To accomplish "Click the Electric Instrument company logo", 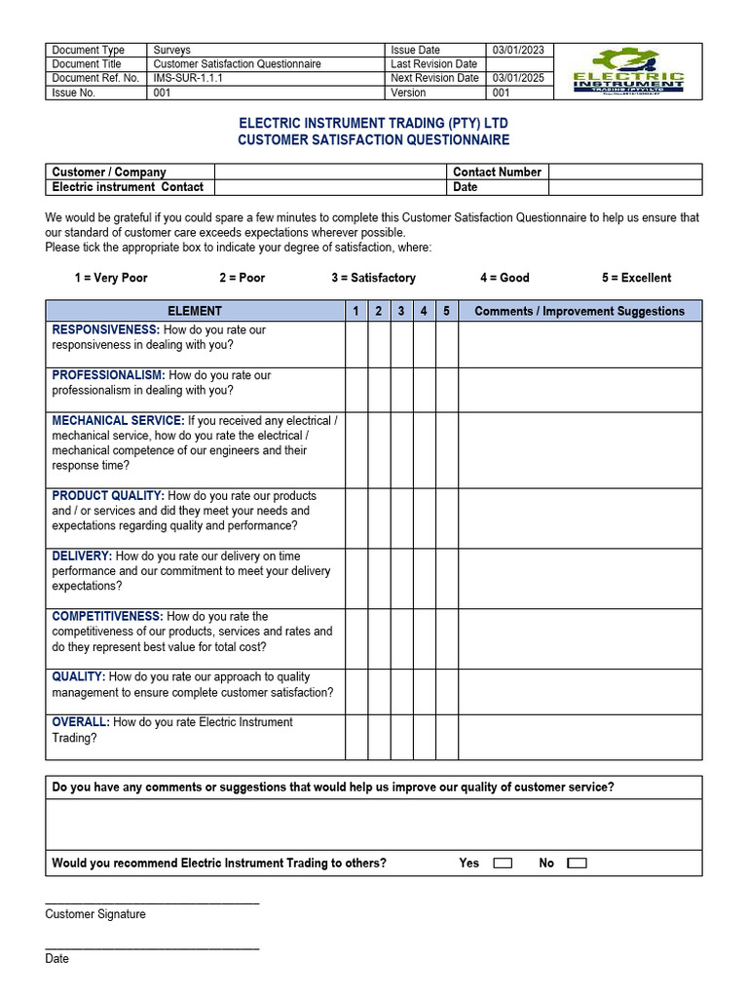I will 628,71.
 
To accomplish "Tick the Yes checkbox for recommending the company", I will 503,864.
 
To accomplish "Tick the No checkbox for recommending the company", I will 577,864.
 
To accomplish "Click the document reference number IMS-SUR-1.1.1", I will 188,78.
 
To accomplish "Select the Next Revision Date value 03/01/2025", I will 518,78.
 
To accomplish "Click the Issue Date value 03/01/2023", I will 518,50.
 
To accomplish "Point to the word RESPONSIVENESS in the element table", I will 105,330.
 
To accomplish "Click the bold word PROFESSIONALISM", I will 108,375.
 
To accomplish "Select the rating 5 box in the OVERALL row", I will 447,737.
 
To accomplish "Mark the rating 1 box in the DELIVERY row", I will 356,578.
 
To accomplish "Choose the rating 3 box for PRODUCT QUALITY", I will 401,518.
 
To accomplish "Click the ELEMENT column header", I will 195,311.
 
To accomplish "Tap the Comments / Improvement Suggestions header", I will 580,311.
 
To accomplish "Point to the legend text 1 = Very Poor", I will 111,278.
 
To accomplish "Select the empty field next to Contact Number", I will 625,172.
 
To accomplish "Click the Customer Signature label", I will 95,914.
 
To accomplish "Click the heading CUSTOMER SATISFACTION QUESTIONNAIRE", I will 374,140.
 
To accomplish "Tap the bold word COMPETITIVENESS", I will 107,617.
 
